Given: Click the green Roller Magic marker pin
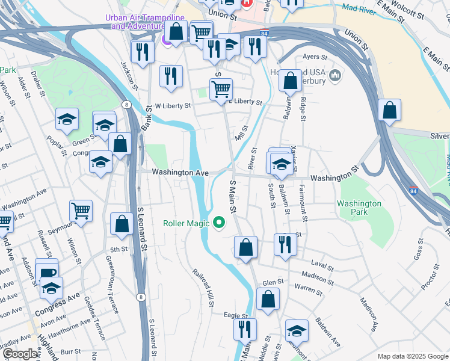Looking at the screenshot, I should pyautogui.click(x=220, y=223).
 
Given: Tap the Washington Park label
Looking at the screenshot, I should pyautogui.click(x=359, y=208).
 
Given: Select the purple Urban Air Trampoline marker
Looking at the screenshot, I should pyautogui.click(x=167, y=40).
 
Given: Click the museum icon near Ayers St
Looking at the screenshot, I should pyautogui.click(x=335, y=75).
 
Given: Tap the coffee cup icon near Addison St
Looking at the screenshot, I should pyautogui.click(x=46, y=272).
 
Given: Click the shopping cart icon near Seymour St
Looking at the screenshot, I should pyautogui.click(x=81, y=211).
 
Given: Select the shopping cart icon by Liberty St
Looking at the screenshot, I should pyautogui.click(x=221, y=90).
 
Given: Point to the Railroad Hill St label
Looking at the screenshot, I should pyautogui.click(x=203, y=287).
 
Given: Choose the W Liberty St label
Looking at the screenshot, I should pyautogui.click(x=173, y=105).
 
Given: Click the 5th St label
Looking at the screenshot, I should pyautogui.click(x=119, y=248).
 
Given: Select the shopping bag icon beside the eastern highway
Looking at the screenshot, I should pyautogui.click(x=389, y=111).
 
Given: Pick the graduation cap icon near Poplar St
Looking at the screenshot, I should pyautogui.click(x=67, y=120).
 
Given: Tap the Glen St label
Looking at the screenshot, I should pyautogui.click(x=273, y=282).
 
